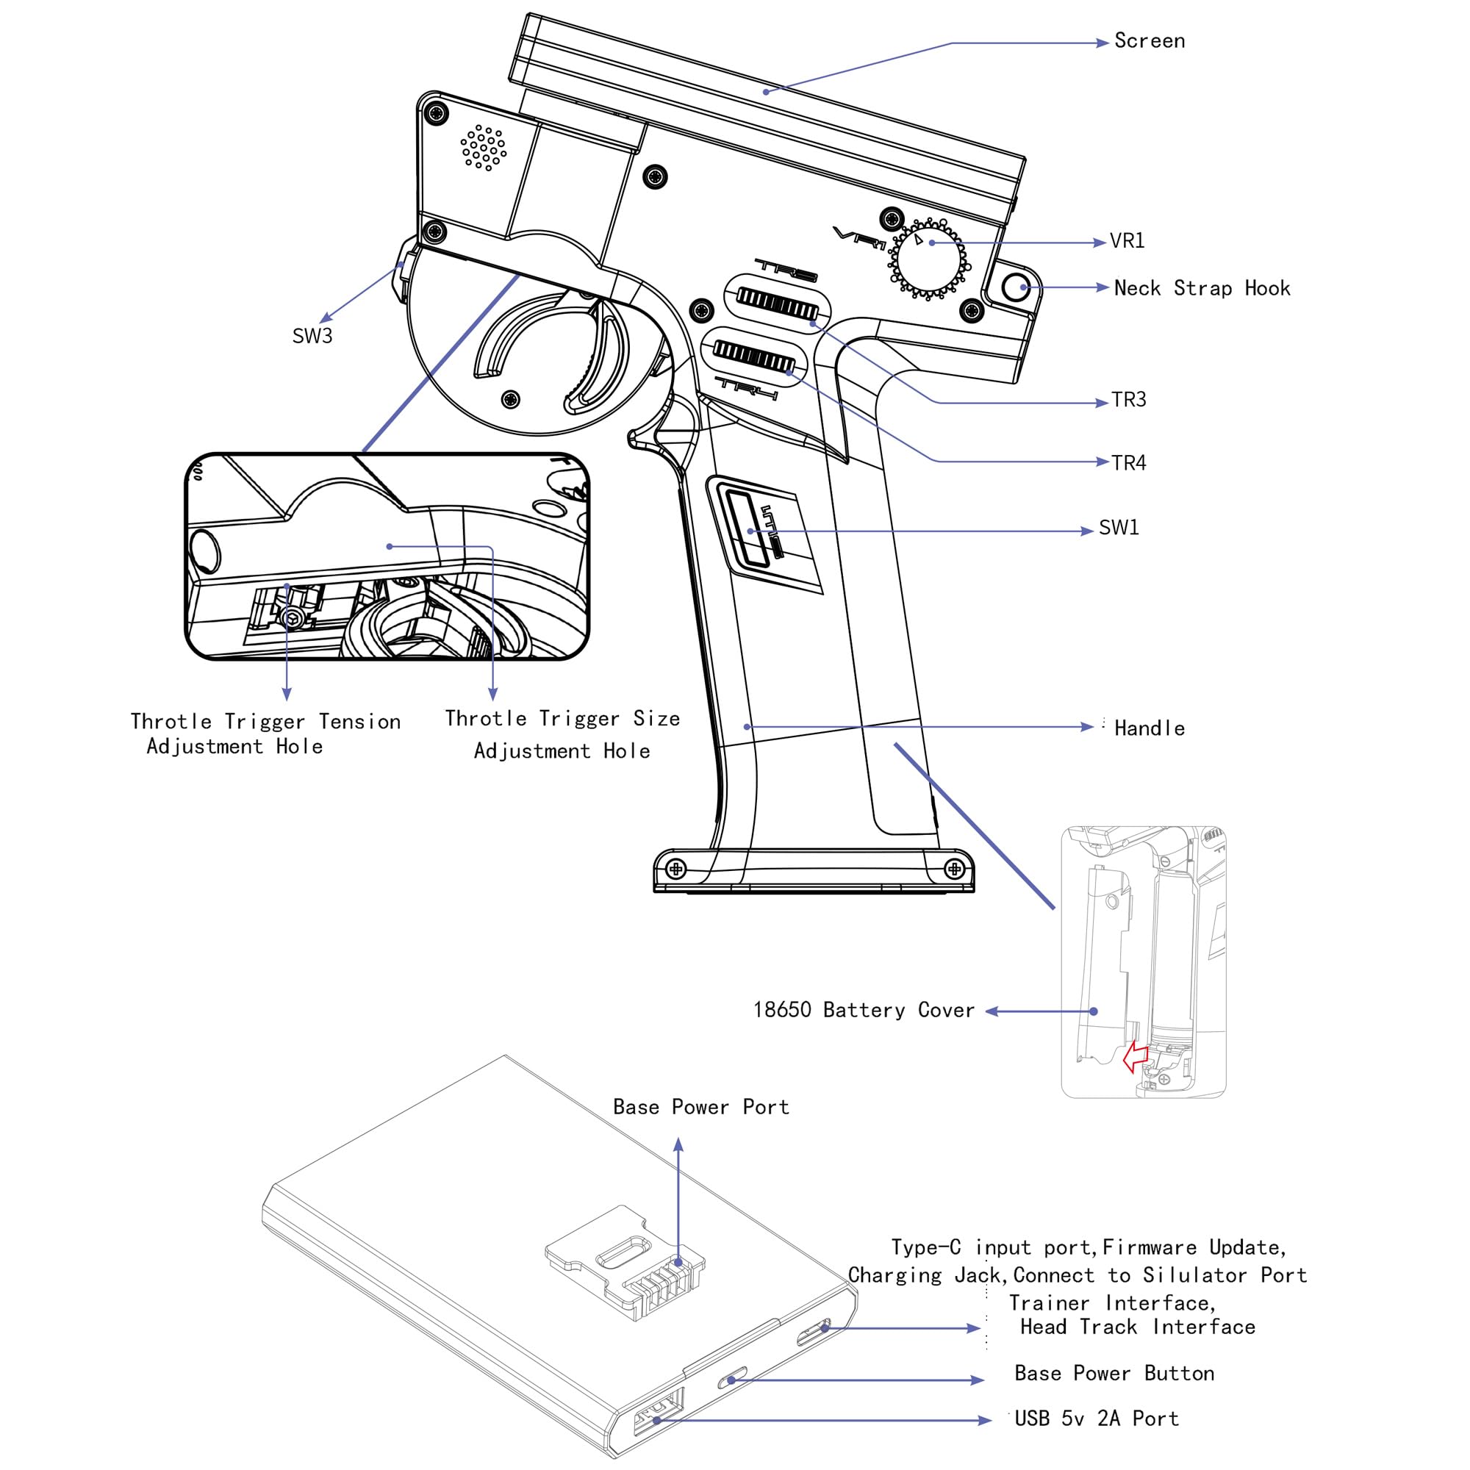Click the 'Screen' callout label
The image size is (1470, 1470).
click(x=1149, y=41)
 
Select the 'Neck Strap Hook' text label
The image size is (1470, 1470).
click(x=1202, y=287)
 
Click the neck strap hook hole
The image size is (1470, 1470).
click(x=1015, y=287)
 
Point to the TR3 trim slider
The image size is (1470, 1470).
click(x=778, y=304)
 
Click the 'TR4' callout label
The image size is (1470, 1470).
click(x=1128, y=462)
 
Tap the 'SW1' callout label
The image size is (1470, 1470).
click(x=1119, y=527)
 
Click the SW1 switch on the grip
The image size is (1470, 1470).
click(x=747, y=528)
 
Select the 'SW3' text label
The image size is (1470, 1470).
click(x=312, y=336)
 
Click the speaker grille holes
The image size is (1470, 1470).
click(x=483, y=148)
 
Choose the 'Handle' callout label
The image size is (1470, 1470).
click(x=1149, y=728)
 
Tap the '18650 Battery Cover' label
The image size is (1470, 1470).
click(x=864, y=1010)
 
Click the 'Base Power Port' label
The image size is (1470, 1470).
click(x=700, y=1106)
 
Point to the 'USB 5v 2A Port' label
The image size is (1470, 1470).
click(x=1097, y=1419)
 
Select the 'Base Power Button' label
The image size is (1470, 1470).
click(x=1114, y=1374)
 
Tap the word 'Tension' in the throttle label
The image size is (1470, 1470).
click(x=359, y=721)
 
